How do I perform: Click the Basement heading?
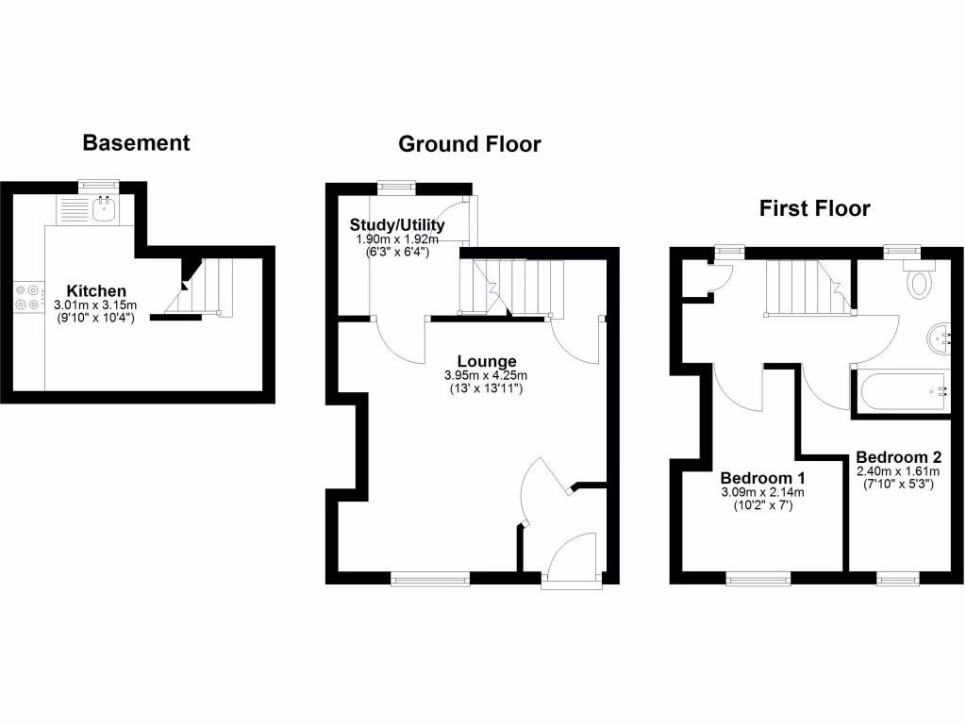tap(136, 143)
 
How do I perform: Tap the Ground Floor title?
tap(469, 144)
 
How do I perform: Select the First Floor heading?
tap(814, 208)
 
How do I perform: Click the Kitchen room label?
tap(95, 290)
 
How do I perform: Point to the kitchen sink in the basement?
tap(103, 209)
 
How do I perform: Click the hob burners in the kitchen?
tap(26, 297)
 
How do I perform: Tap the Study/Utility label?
tap(397, 225)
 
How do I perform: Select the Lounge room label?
tap(487, 361)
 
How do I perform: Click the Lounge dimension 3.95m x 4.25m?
tap(487, 375)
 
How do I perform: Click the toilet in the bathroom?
tap(919, 280)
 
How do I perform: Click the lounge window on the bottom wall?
tap(430, 580)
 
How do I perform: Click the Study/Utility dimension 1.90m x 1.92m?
tap(397, 239)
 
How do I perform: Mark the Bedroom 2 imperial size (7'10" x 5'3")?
tap(898, 485)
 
